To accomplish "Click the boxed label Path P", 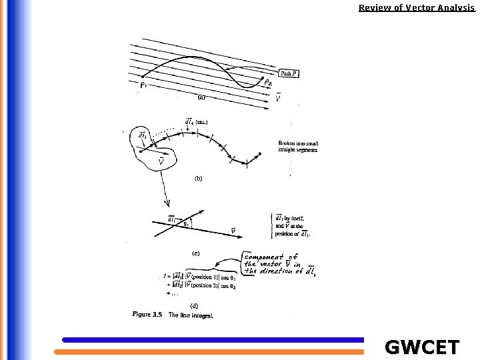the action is [x=289, y=73].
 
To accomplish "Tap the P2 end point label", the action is [x=267, y=83].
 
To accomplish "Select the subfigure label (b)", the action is [x=199, y=179].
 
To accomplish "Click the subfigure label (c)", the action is [x=196, y=253].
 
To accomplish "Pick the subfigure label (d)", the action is [x=195, y=306].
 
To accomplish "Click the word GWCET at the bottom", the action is [x=422, y=347].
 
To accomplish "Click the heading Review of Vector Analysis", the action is [x=417, y=8].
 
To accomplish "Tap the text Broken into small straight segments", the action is [x=298, y=147].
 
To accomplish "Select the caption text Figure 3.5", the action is [x=147, y=315].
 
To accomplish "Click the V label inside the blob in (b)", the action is [x=161, y=161].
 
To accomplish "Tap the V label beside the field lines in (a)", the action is [x=278, y=99].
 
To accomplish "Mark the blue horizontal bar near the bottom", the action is [x=213, y=340].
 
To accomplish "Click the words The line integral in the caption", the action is [x=191, y=315].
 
